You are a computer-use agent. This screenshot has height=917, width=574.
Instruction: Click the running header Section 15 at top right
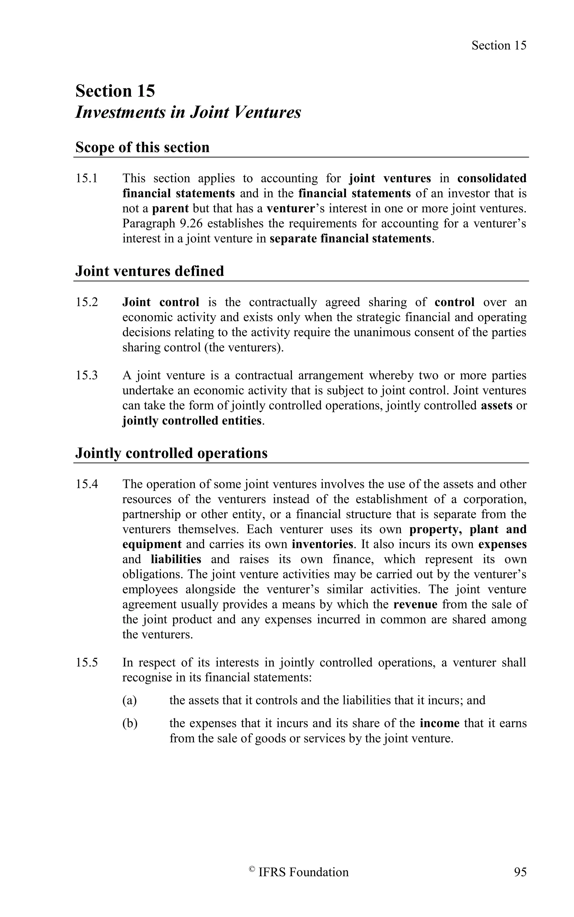pyautogui.click(x=499, y=46)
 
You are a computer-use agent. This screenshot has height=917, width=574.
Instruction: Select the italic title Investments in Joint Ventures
pyautogui.click(x=188, y=112)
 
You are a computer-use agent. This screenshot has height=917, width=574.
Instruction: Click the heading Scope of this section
pyautogui.click(x=142, y=147)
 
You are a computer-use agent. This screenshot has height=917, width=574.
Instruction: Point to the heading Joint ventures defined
pyautogui.click(x=150, y=271)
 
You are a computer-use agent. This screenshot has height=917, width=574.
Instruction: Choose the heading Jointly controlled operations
pyautogui.click(x=171, y=453)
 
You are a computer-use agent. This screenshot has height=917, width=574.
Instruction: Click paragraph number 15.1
pyautogui.click(x=87, y=178)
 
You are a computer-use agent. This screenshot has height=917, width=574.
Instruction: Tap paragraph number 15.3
pyautogui.click(x=87, y=376)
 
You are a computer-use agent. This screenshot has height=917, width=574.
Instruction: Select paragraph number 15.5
pyautogui.click(x=87, y=662)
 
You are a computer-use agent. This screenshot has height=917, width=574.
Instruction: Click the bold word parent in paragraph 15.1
pyautogui.click(x=170, y=209)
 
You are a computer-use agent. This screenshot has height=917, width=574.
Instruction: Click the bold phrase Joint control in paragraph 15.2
pyautogui.click(x=161, y=302)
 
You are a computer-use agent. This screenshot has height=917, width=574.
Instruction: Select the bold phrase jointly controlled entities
pyautogui.click(x=192, y=421)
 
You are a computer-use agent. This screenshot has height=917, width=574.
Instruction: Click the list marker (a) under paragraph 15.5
pyautogui.click(x=129, y=700)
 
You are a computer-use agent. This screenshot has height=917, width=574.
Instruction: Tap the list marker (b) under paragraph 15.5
pyautogui.click(x=129, y=723)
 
